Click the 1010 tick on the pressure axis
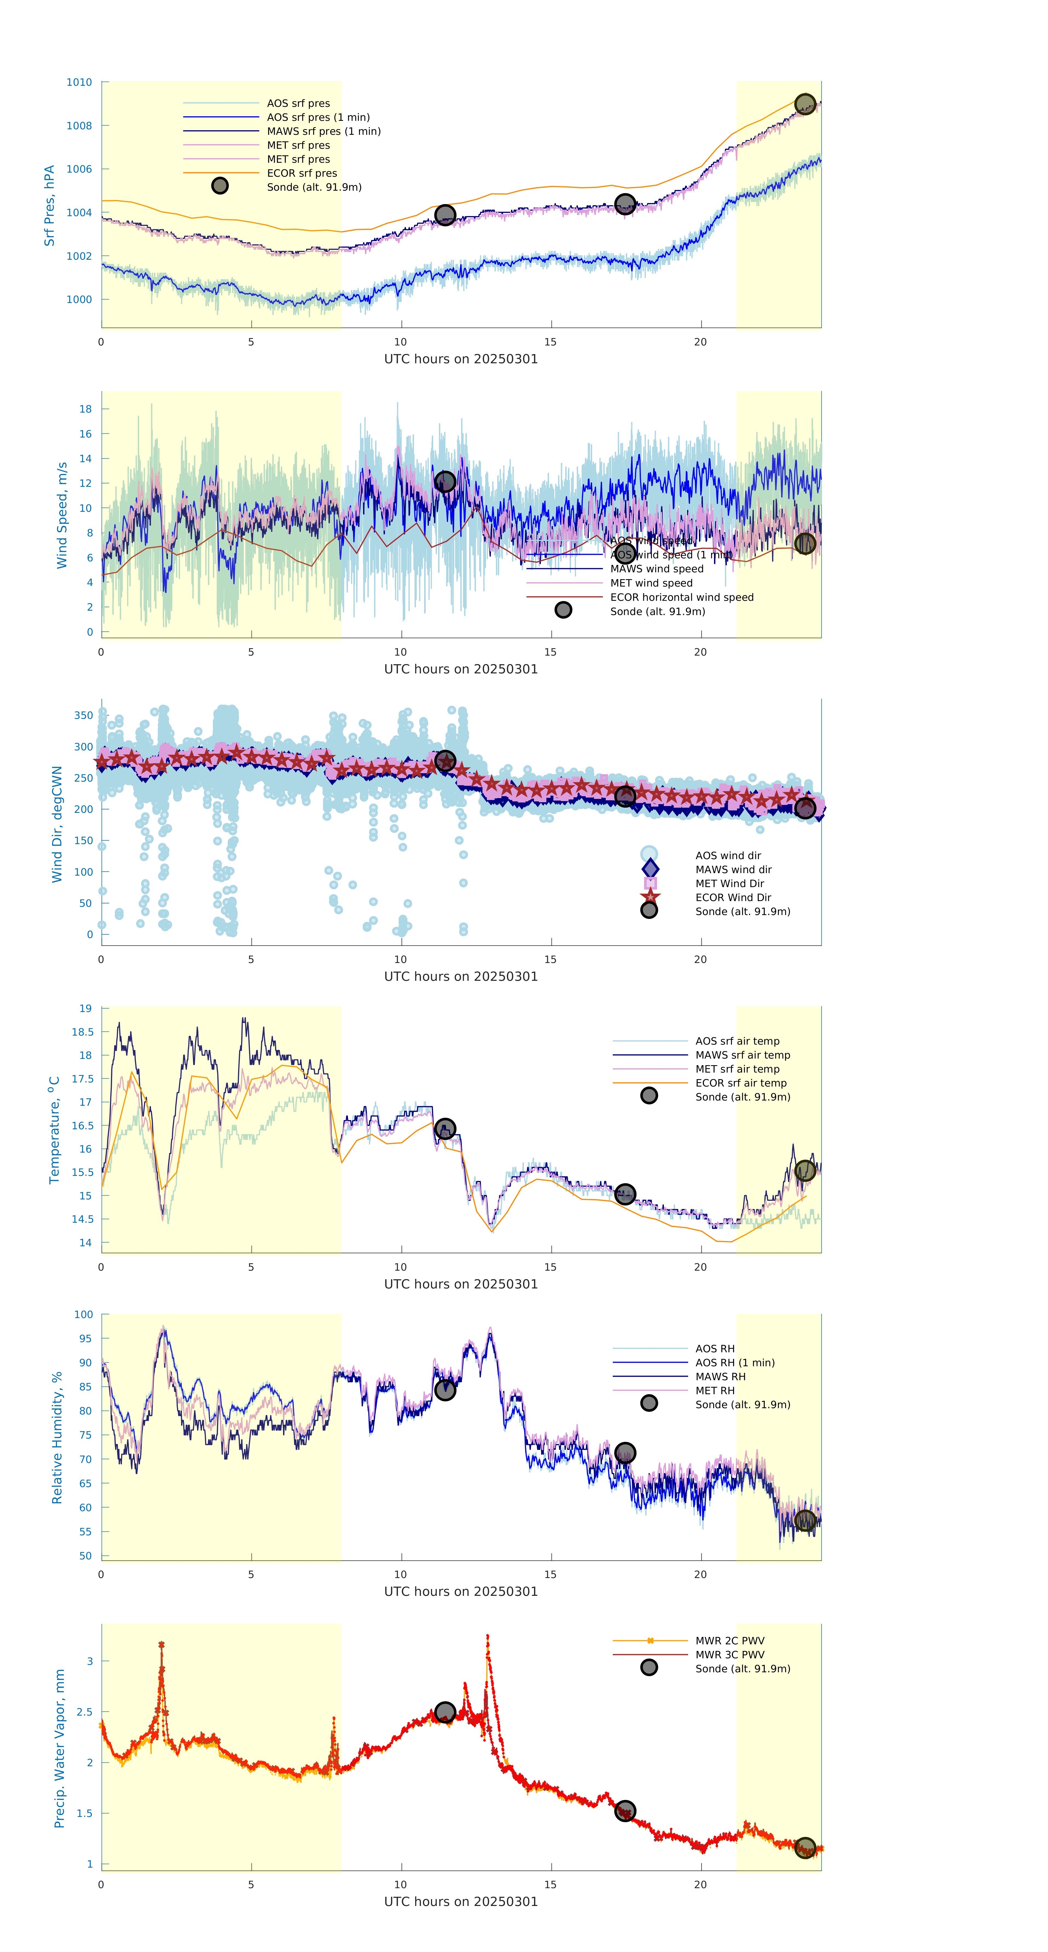tap(79, 82)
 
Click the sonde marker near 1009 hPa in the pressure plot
tap(805, 104)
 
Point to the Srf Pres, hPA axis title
tap(49, 205)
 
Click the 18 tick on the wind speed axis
tap(86, 409)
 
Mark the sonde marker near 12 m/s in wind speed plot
tap(445, 482)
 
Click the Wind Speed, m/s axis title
tap(62, 515)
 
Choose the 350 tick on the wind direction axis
tap(83, 715)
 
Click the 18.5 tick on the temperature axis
tap(82, 1032)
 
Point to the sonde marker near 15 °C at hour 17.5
tap(624, 1194)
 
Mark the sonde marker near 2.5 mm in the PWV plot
tap(445, 1713)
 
